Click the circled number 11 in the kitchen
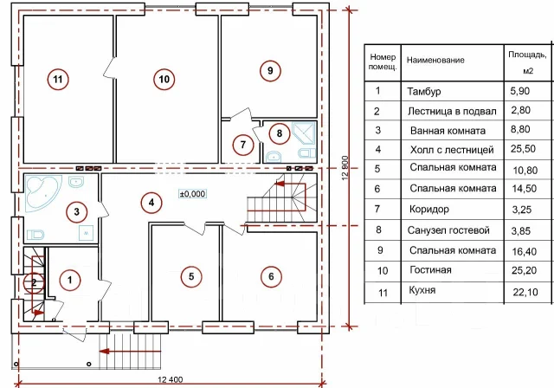click(58, 79)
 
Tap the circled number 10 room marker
click(164, 79)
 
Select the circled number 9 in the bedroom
click(270, 71)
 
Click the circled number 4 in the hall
click(151, 203)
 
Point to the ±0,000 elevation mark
click(192, 194)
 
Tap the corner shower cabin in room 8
click(303, 133)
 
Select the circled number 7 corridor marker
click(242, 145)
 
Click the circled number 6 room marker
click(271, 276)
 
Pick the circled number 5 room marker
click(191, 276)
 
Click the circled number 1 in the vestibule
click(70, 281)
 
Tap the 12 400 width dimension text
click(171, 380)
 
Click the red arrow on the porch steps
click(130, 352)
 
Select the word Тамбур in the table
click(423, 92)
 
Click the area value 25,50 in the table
click(523, 149)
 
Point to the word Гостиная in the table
click(430, 270)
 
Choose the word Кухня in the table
click(422, 290)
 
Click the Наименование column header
click(435, 60)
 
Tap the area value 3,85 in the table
click(521, 230)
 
